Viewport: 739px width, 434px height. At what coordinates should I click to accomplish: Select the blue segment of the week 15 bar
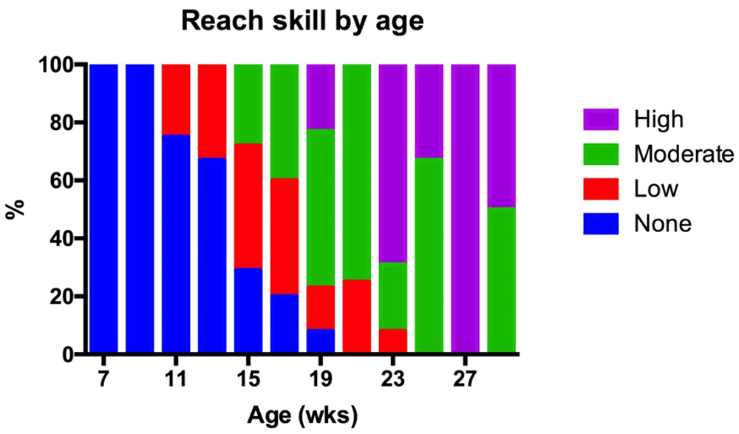pos(248,311)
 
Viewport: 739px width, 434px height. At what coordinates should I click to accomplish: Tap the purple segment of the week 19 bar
pos(321,97)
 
